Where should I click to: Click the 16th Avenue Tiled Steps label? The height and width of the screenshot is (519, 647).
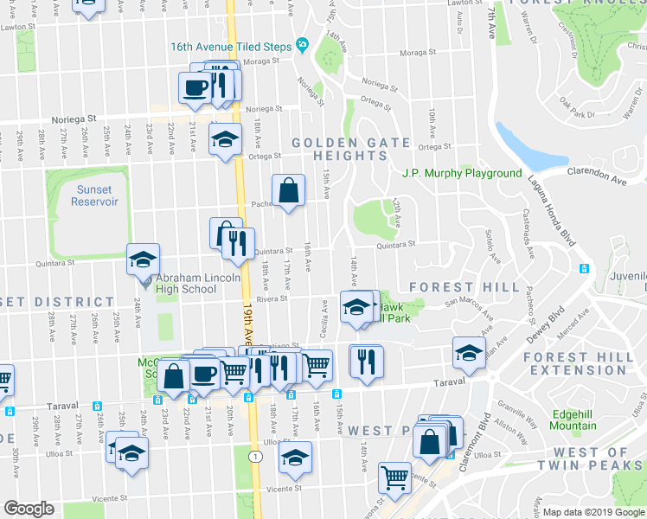pyautogui.click(x=229, y=45)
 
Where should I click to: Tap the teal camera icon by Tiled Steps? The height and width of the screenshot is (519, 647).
pyautogui.click(x=302, y=45)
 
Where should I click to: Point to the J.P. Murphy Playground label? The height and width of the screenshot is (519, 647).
pyautogui.click(x=462, y=173)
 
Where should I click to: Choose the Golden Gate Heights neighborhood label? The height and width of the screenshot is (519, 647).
pyautogui.click(x=338, y=149)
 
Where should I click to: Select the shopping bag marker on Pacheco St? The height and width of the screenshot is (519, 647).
pyautogui.click(x=288, y=191)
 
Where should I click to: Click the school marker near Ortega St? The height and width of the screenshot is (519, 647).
pyautogui.click(x=225, y=140)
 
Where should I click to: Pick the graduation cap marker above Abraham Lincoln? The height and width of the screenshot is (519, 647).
pyautogui.click(x=143, y=259)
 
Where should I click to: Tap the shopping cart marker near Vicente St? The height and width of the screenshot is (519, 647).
pyautogui.click(x=394, y=475)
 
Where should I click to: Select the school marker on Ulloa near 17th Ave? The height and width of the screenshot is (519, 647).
pyautogui.click(x=295, y=458)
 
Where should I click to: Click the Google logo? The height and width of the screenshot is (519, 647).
pyautogui.click(x=29, y=509)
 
